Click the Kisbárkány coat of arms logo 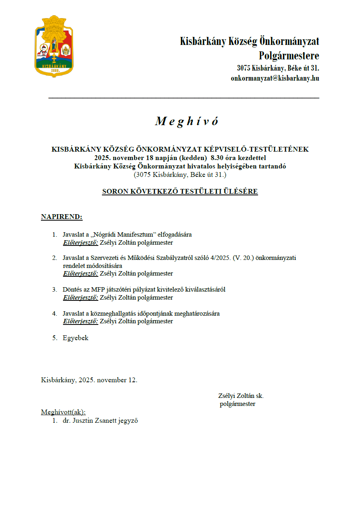click(54, 47)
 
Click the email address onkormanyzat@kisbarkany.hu click(275, 79)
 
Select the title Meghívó click(187, 121)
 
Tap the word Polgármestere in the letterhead click(289, 55)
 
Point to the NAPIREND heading click(61, 217)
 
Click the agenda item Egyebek click(75, 338)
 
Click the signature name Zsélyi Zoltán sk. click(241, 396)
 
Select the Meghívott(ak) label click(63, 412)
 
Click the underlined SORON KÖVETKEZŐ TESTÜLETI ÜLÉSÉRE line click(180, 192)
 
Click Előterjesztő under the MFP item click(81, 298)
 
